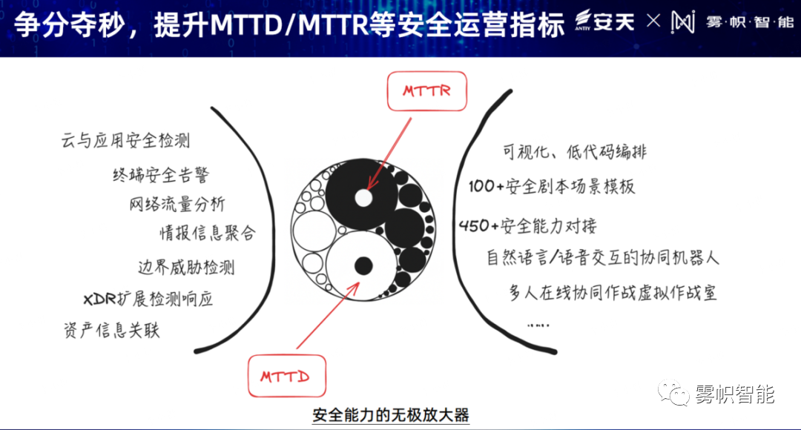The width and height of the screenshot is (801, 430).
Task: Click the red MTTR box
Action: click(x=426, y=91)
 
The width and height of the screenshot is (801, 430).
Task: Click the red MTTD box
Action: click(x=286, y=377)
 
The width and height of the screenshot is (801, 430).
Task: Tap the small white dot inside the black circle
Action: click(x=363, y=198)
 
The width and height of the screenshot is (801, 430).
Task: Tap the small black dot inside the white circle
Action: click(x=363, y=265)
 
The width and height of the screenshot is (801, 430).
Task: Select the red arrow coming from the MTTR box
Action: click(x=389, y=153)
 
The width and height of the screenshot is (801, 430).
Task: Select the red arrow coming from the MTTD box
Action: click(x=328, y=316)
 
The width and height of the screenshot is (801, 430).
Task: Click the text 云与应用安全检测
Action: click(x=125, y=140)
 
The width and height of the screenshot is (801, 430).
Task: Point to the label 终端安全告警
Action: click(x=161, y=175)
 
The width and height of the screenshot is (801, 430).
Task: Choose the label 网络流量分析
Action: click(x=177, y=204)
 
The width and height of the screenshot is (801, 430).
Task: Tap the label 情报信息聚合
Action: click(x=208, y=233)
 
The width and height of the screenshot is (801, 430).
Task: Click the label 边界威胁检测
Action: click(x=186, y=267)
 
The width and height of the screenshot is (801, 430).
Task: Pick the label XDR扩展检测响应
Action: click(x=148, y=299)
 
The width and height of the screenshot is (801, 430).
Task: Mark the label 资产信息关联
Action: click(x=111, y=330)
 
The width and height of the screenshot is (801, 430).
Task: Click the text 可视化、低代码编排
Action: click(x=575, y=152)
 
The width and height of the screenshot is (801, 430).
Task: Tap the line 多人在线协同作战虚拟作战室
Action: click(x=613, y=293)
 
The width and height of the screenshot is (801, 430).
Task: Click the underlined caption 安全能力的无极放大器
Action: click(x=391, y=414)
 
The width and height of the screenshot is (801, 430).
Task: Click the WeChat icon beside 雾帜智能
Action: click(x=673, y=393)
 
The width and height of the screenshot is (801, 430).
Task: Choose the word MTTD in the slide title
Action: click(x=246, y=24)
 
